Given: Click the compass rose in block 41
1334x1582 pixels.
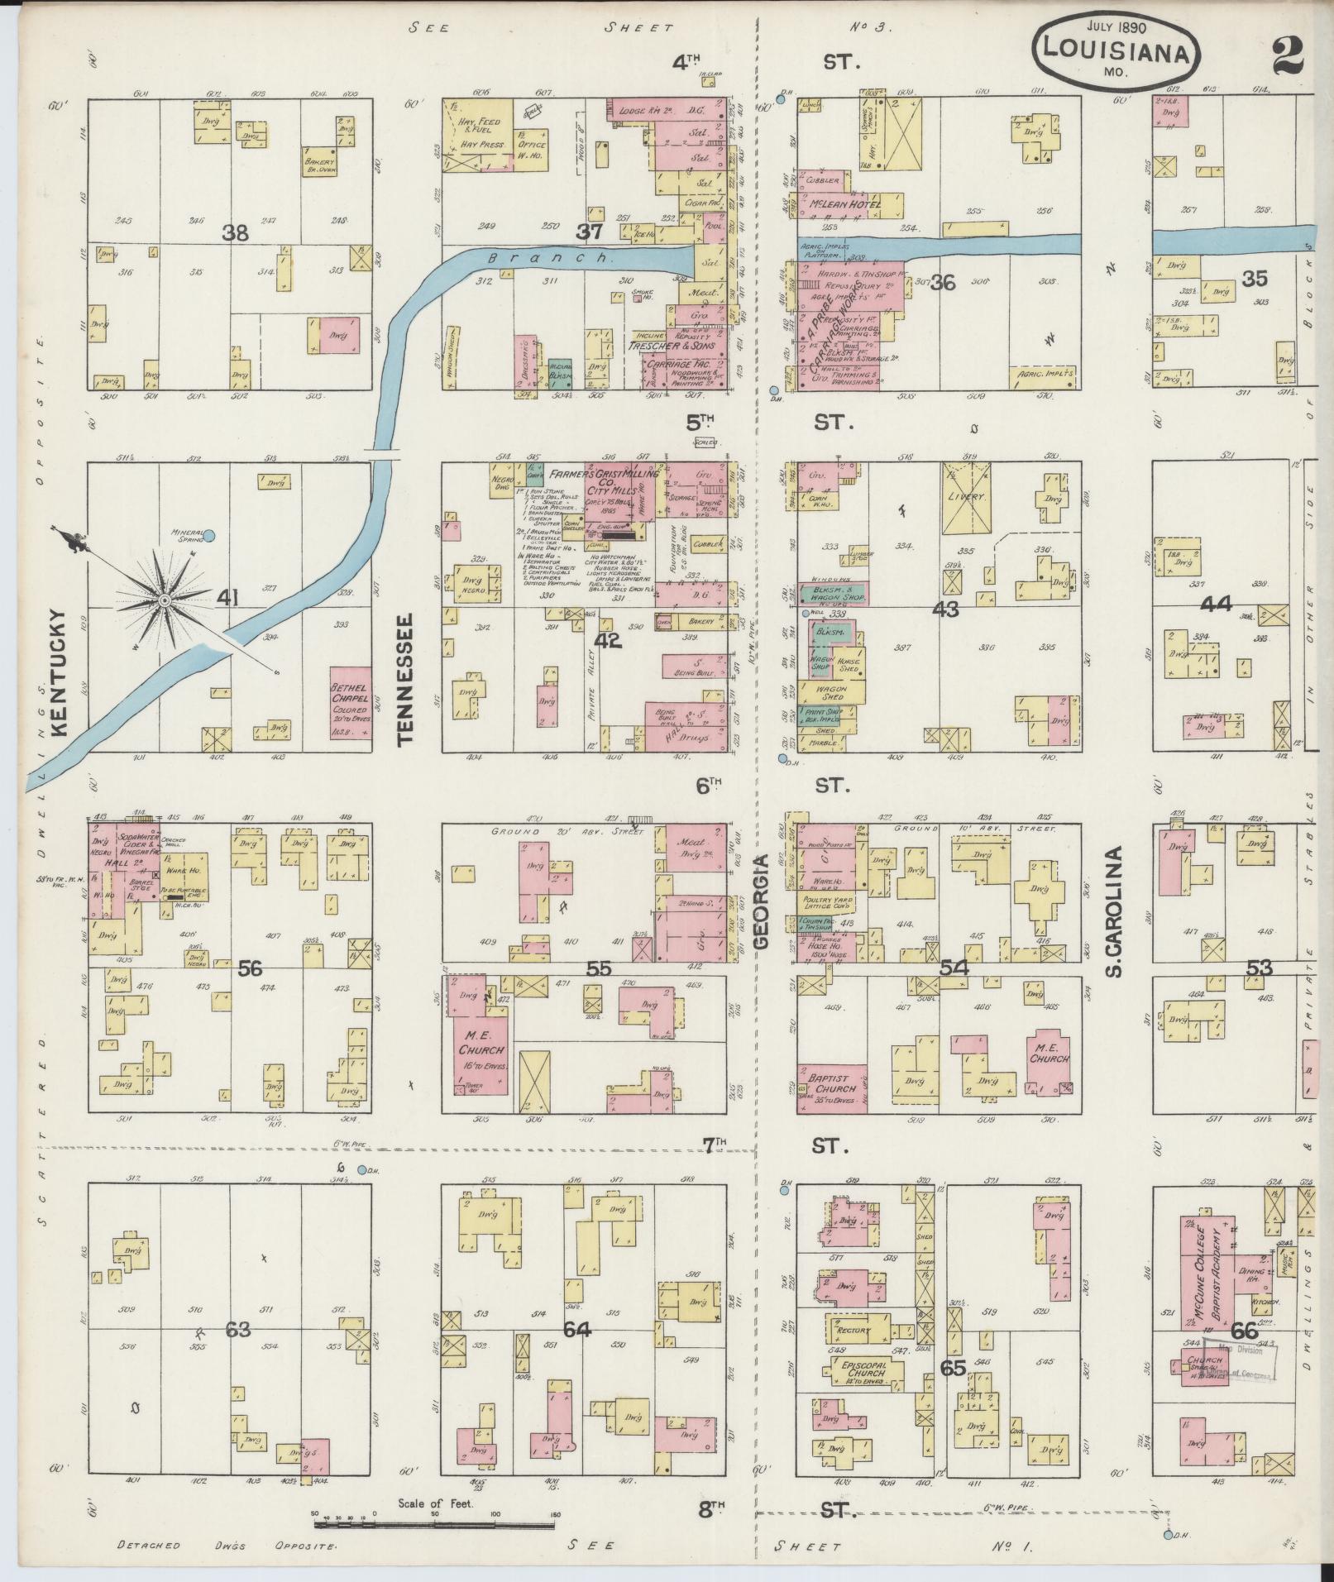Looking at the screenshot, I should coord(165,598).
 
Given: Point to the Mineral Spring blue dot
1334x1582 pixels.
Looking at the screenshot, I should coord(209,536).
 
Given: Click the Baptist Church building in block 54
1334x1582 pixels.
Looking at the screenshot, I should coord(831,1087).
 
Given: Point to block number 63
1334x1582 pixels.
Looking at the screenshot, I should coord(238,1331).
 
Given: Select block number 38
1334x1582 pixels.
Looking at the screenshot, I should coord(235,234).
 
